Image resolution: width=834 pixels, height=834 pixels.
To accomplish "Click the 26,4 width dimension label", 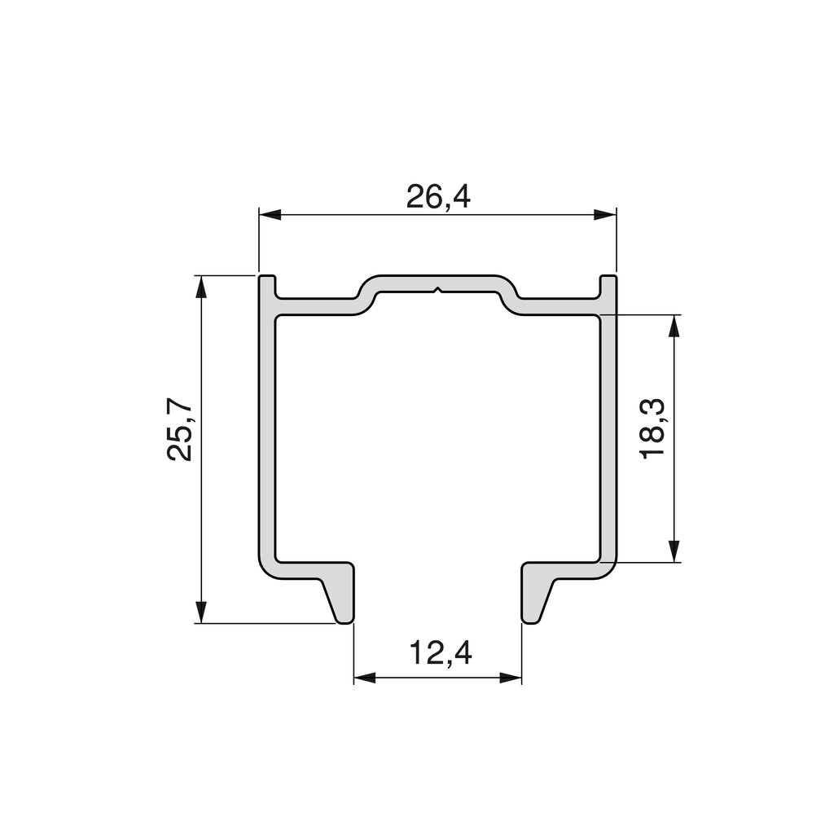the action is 438,196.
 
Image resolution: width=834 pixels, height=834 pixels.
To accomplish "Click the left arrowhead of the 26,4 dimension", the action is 270,214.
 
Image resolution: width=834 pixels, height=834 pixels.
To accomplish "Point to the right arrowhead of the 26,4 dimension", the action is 605,214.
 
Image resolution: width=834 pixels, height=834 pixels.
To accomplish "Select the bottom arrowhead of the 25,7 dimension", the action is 200,612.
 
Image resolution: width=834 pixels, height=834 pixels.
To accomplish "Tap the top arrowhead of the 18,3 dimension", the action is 674,326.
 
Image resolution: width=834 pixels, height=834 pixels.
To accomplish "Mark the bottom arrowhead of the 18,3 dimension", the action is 674,551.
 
